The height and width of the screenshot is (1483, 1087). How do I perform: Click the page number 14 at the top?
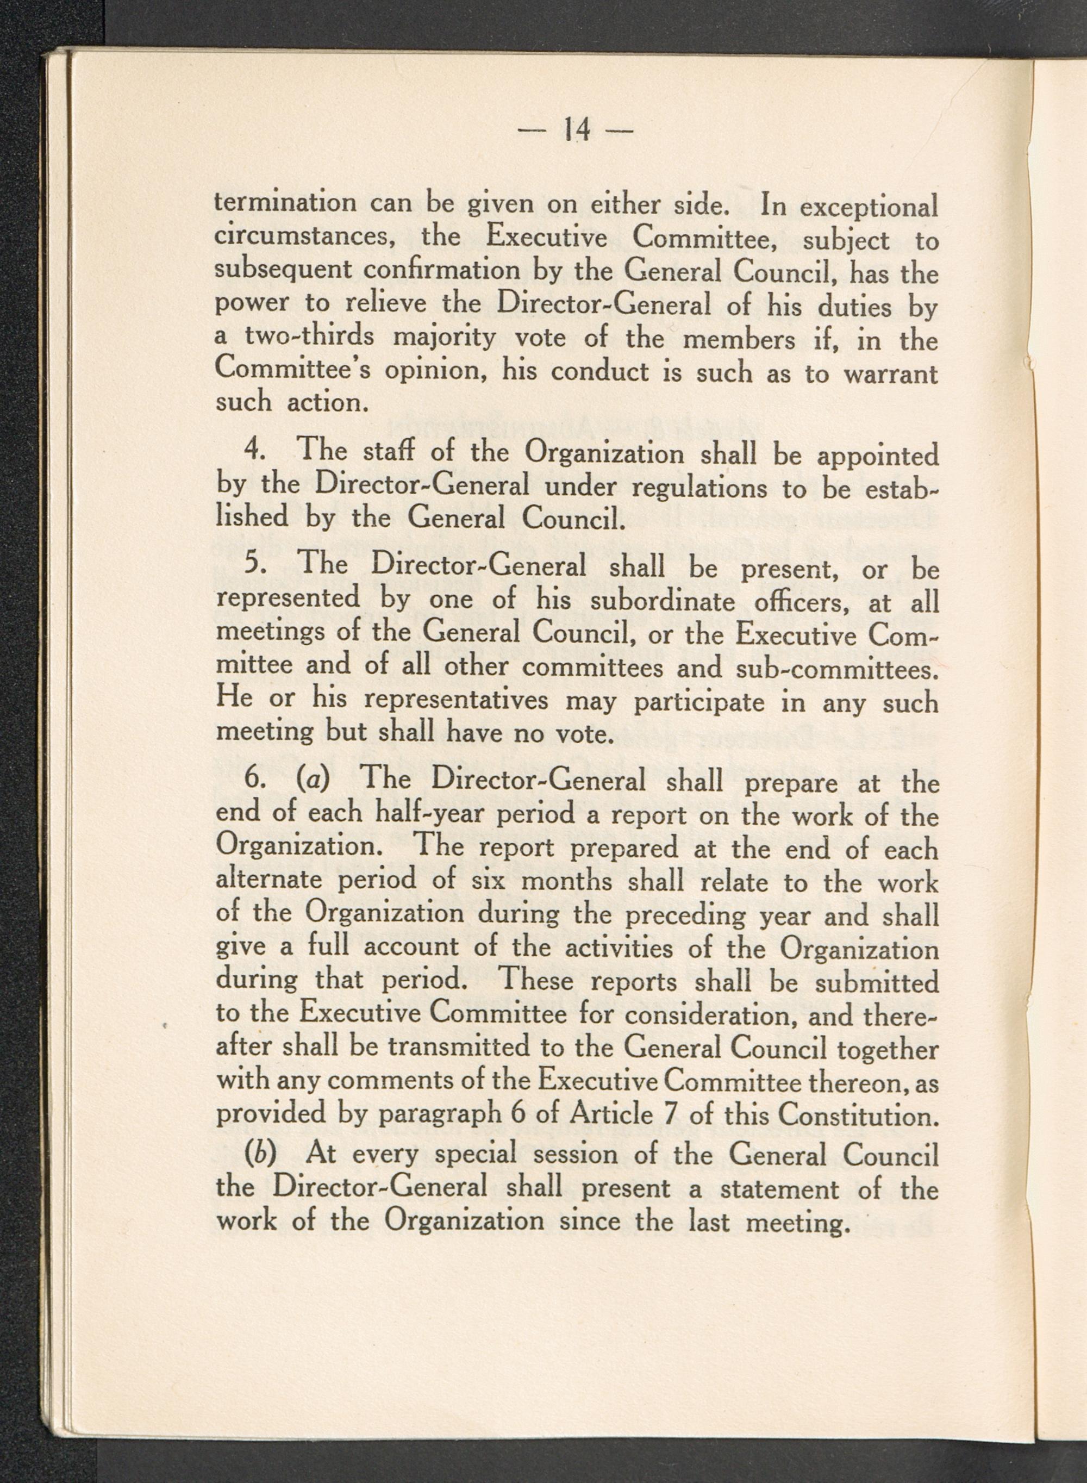pyautogui.click(x=575, y=129)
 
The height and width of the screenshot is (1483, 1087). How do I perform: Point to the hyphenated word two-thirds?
pyautogui.click(x=309, y=336)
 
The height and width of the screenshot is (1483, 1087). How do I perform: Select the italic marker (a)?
pyautogui.click(x=313, y=779)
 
